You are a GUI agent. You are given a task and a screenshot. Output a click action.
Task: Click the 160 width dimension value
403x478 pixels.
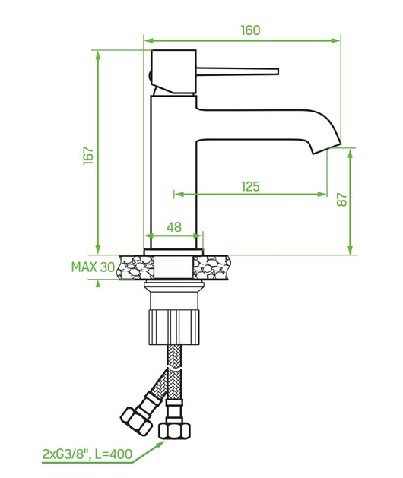point(250,30)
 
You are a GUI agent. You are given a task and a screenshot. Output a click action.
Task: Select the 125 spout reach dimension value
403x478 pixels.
point(251,186)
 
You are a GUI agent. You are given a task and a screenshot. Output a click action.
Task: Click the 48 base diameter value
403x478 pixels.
point(173,226)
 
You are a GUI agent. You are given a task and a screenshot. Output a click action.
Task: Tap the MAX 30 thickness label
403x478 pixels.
point(92,267)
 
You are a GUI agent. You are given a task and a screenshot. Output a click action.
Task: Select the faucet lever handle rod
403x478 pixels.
point(236,72)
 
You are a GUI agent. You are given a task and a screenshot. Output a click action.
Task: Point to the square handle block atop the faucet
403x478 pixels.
point(175,73)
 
